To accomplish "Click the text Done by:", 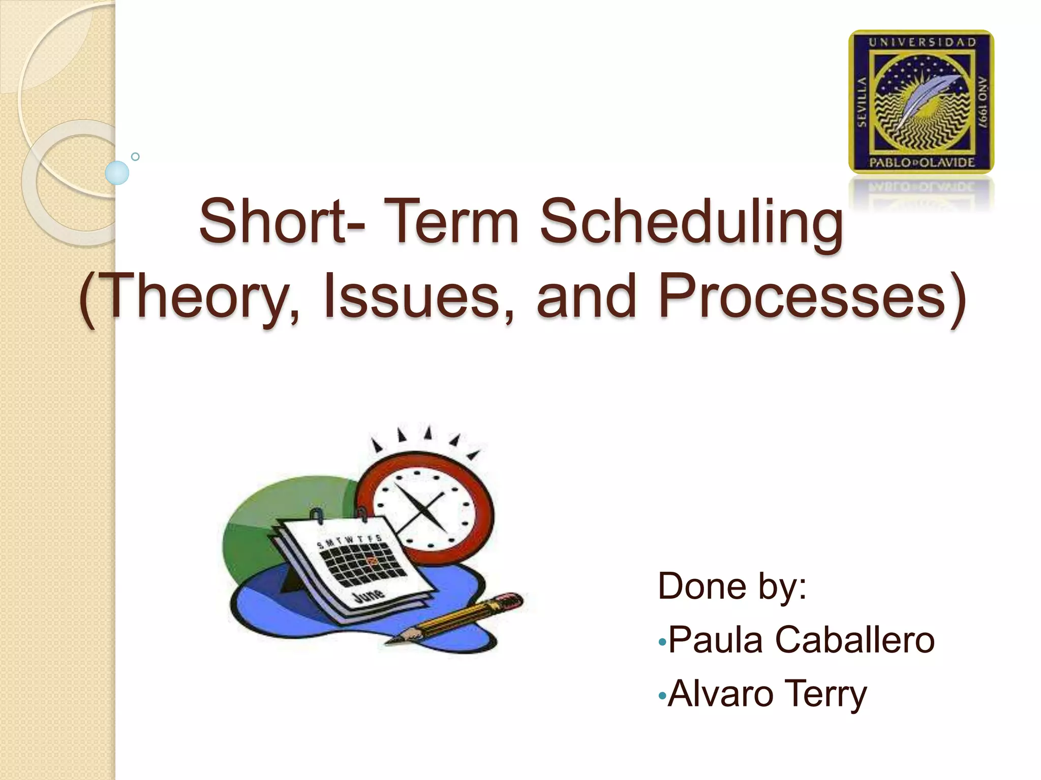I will coord(732,586).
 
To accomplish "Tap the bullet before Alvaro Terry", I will coord(662,696).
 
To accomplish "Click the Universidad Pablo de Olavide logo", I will coord(921,102).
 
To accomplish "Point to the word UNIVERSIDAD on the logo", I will coord(922,43).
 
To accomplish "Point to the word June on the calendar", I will coord(369,594).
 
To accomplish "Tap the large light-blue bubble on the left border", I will coord(117,173).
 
